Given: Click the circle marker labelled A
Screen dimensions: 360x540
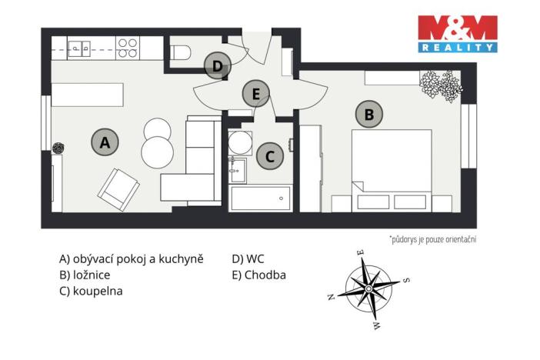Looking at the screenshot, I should click(105, 142).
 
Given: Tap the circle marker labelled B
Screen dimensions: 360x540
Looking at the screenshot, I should click(368, 115).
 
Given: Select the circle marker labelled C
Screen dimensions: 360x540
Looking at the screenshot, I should click(269, 156).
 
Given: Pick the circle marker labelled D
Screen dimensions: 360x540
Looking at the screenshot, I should click(218, 66).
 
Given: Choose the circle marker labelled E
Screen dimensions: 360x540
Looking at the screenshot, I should click(256, 95).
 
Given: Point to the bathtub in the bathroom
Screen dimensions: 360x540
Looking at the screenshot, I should click(261, 198).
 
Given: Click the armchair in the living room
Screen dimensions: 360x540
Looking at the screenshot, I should click(118, 188).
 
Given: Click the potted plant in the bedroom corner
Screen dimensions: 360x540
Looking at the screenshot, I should click(441, 85).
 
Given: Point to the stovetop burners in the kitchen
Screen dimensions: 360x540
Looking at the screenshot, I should click(127, 48).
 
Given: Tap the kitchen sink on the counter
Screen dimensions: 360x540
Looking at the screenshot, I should click(80, 48).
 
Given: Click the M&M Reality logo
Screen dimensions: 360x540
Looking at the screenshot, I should click(457, 33).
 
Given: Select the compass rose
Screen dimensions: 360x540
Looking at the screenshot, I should click(368, 288).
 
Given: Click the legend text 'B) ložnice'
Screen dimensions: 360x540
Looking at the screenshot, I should click(86, 275).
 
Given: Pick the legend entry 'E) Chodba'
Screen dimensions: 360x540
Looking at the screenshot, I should click(258, 275).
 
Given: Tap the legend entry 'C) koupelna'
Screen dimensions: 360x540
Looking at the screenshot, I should click(91, 292).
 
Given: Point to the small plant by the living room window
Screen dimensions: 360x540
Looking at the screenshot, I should click(58, 148).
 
